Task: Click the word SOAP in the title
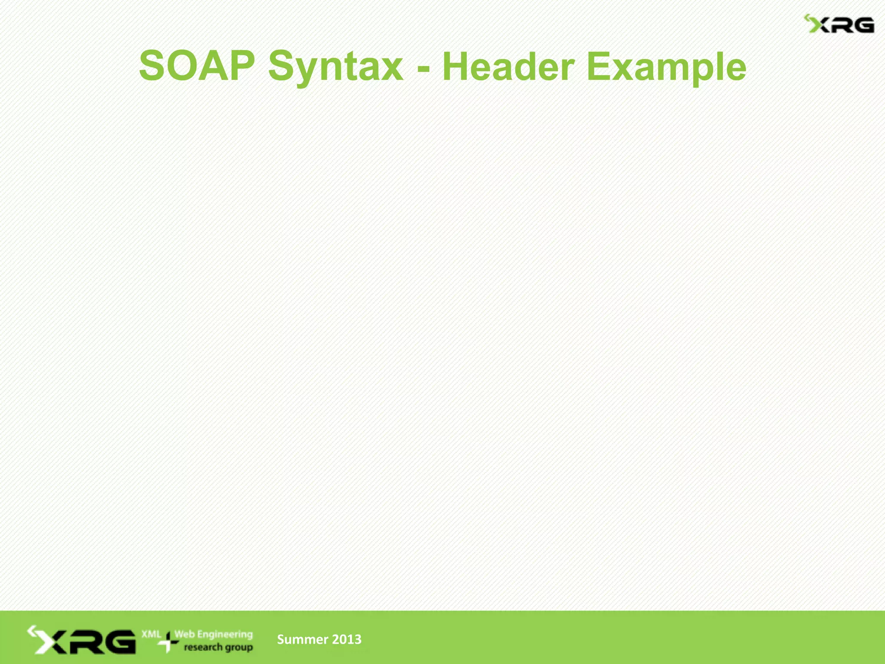point(197,66)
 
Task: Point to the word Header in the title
point(508,67)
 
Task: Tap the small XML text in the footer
point(151,634)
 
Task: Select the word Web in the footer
point(185,634)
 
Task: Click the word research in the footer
point(203,647)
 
